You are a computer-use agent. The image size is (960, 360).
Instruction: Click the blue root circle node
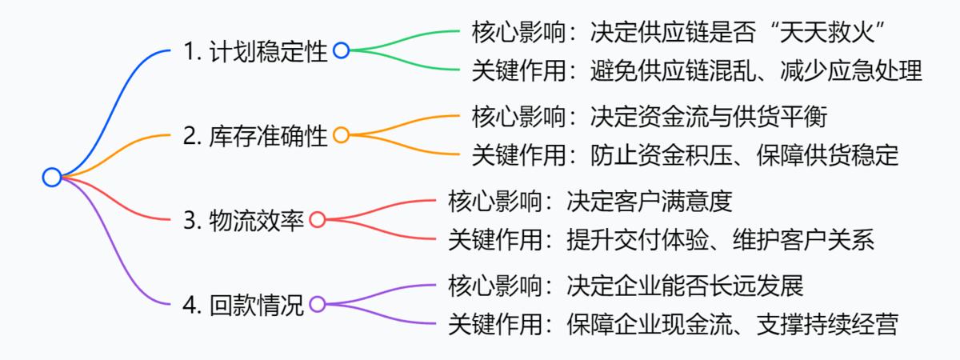52,178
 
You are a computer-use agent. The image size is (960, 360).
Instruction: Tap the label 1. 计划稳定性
255,52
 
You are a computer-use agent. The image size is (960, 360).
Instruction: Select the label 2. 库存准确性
255,136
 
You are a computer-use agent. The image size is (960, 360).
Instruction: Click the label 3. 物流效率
243,221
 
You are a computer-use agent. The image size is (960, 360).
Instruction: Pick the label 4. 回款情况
243,305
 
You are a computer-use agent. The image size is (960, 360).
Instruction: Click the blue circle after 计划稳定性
341,51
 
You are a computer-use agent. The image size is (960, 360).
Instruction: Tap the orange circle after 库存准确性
341,135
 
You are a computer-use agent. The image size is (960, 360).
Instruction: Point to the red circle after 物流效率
317,220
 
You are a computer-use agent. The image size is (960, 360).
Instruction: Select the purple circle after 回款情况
317,304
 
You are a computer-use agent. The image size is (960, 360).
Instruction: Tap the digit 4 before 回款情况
189,306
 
